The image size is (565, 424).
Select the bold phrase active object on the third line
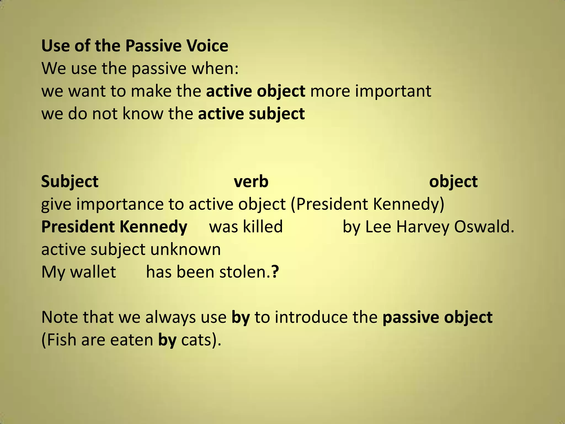tap(255, 91)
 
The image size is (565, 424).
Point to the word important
tap(393, 91)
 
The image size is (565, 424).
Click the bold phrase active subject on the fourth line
tap(251, 113)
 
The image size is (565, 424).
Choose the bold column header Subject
tap(70, 182)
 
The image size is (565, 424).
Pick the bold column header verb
tap(251, 182)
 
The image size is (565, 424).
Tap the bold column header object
tap(453, 182)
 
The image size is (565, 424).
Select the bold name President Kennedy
tap(114, 227)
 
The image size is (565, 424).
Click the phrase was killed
tap(246, 227)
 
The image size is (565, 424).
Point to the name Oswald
tap(484, 227)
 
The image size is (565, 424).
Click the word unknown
tap(185, 249)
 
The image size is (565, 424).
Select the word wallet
tap(93, 272)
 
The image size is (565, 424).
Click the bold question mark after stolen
tap(275, 272)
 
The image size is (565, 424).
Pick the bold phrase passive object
tap(437, 317)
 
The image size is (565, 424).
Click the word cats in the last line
tap(196, 340)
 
